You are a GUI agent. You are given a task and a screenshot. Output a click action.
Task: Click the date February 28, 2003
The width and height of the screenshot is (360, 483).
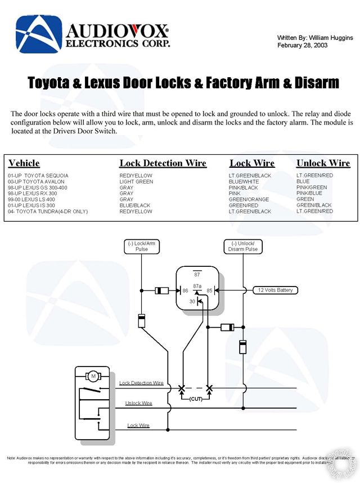(303, 45)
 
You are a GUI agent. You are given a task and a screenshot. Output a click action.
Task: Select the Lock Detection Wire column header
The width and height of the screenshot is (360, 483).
(163, 163)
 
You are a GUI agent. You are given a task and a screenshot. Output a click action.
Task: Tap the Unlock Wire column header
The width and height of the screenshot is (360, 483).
(323, 163)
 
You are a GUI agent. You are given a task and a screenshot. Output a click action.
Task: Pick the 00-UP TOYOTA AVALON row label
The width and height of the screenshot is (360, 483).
(37, 182)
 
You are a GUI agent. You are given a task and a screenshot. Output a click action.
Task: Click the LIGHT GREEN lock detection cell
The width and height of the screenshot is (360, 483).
(136, 182)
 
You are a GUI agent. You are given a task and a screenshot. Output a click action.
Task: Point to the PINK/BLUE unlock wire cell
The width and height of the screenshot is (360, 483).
(309, 194)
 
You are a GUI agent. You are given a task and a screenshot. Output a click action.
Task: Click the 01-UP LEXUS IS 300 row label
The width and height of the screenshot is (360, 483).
(33, 205)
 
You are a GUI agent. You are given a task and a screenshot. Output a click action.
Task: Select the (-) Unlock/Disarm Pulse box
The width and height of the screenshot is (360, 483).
(244, 246)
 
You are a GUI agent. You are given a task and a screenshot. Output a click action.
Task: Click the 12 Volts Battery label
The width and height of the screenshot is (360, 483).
(276, 290)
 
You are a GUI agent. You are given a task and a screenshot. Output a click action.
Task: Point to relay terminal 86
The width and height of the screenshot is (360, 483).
(184, 291)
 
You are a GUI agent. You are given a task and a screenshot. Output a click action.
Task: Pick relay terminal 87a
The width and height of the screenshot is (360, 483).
(197, 286)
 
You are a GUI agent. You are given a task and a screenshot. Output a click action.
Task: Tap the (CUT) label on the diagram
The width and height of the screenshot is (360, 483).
(196, 399)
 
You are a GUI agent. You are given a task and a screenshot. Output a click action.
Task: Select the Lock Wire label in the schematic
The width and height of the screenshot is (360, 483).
(138, 426)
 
